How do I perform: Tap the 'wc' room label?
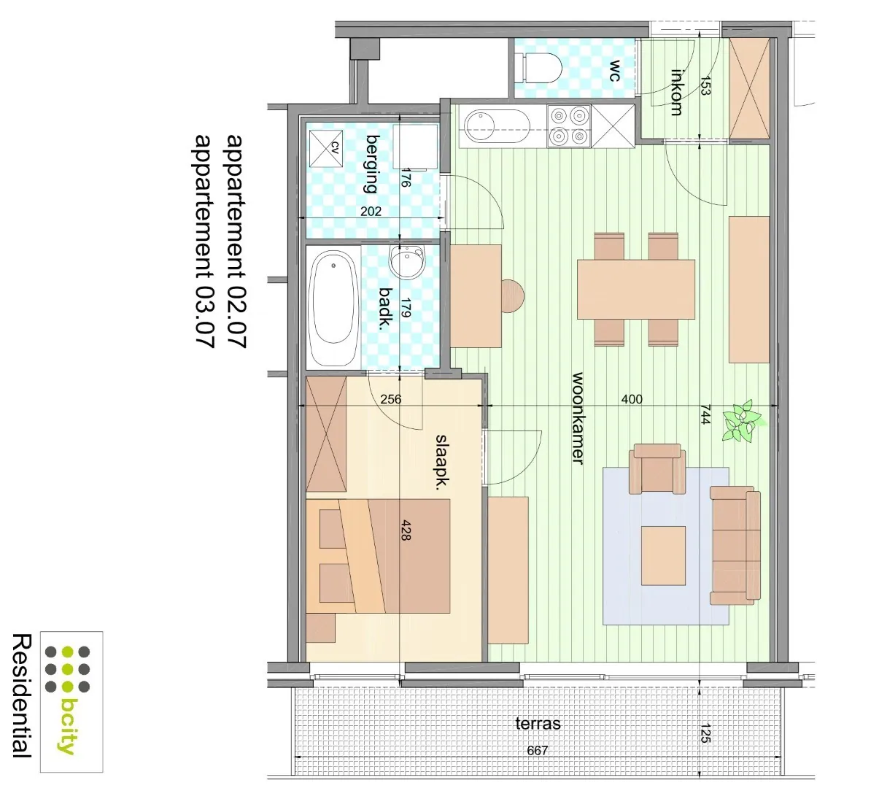click(615, 71)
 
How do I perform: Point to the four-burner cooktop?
click(568, 125)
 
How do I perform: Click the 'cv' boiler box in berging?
click(325, 148)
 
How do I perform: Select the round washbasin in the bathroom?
click(406, 262)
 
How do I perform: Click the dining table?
click(635, 290)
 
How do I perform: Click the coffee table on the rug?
click(663, 556)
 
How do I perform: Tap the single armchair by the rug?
click(657, 468)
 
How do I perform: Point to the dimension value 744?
click(705, 414)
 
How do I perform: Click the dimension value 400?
click(631, 399)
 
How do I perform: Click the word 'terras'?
click(538, 724)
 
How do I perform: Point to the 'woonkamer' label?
click(577, 418)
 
